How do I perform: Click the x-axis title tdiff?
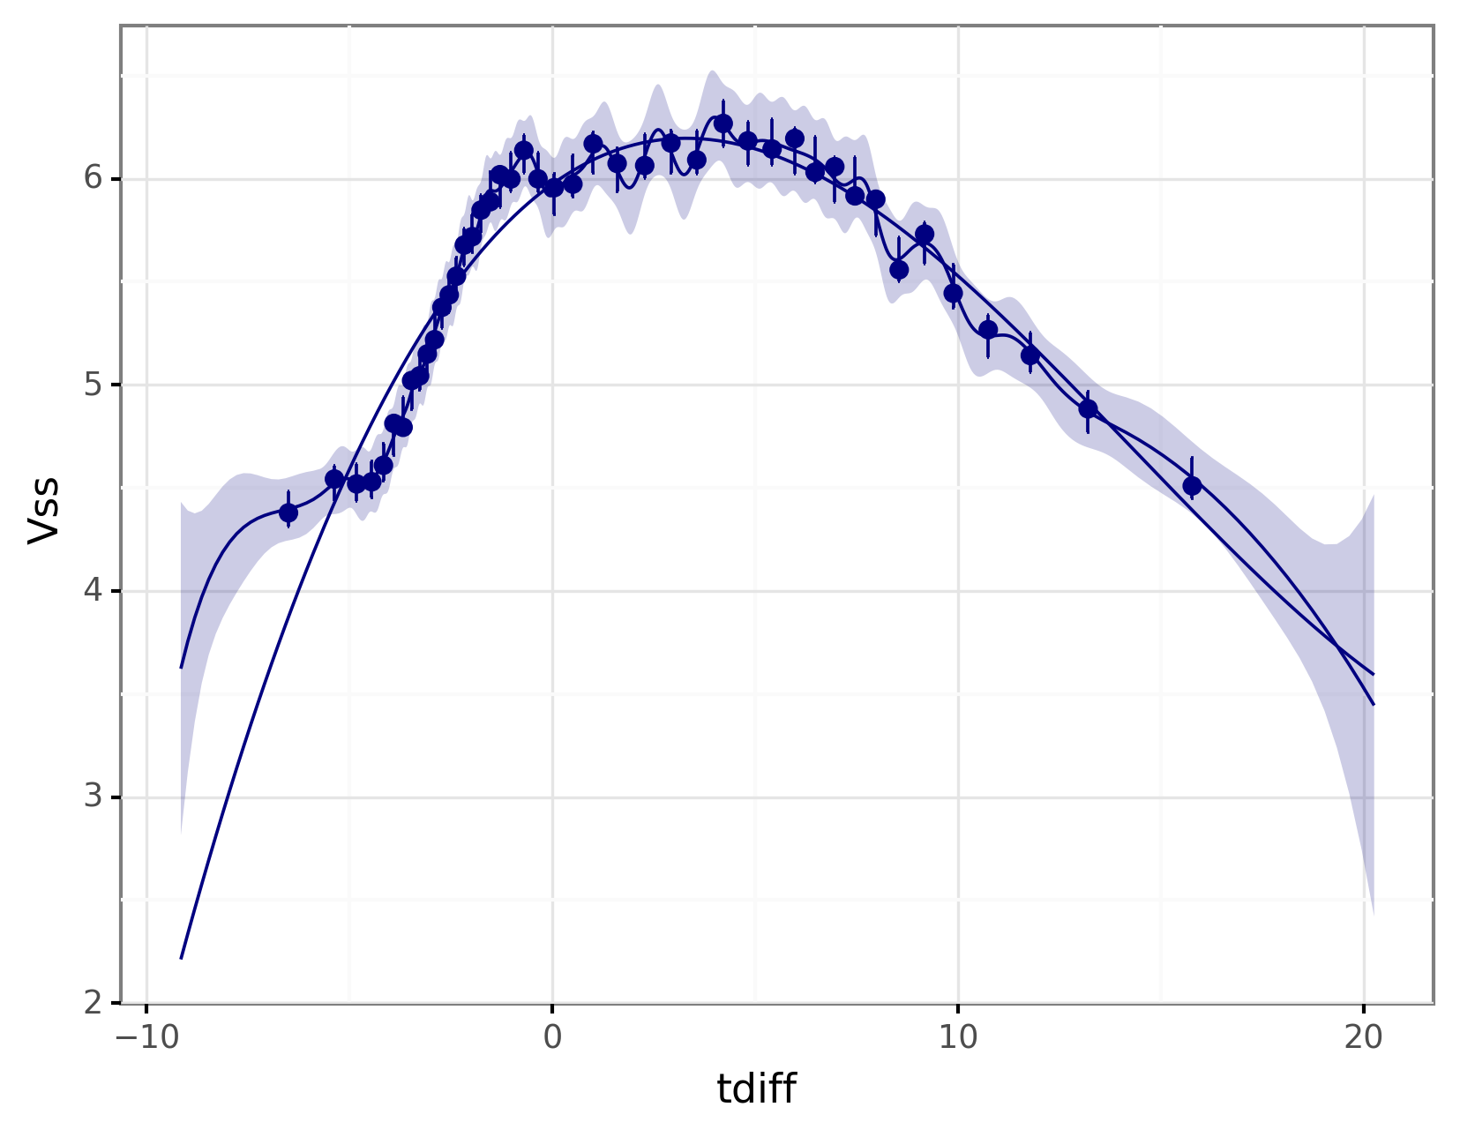(756, 1089)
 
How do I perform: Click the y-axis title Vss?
(43, 511)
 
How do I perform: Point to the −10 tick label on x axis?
(146, 1038)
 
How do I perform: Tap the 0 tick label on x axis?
(552, 1038)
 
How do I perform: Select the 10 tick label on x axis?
(958, 1038)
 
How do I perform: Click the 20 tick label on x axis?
(1364, 1038)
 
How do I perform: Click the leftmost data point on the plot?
(288, 512)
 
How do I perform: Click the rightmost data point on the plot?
(1192, 485)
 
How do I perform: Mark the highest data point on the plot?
(723, 123)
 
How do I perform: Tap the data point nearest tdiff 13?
(1088, 408)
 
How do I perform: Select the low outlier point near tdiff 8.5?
(899, 269)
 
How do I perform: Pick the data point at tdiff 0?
(553, 187)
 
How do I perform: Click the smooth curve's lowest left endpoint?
(181, 958)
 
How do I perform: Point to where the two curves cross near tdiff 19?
(1340, 648)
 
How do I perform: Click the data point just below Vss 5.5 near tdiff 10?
(953, 293)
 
